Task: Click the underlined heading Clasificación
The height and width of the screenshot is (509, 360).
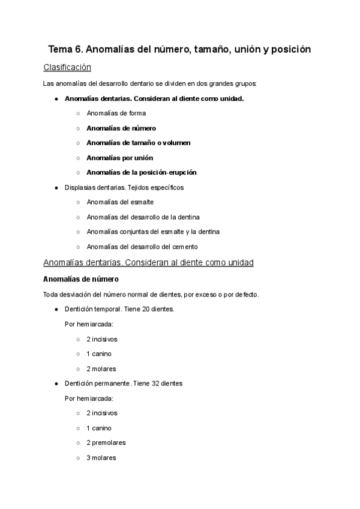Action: (x=67, y=67)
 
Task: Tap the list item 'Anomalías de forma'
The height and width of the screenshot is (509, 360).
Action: (x=116, y=113)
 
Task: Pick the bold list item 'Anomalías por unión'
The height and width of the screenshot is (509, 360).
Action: (x=119, y=157)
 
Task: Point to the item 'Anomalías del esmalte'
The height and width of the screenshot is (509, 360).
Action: (x=120, y=202)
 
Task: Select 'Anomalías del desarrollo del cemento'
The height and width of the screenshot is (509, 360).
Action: (x=142, y=246)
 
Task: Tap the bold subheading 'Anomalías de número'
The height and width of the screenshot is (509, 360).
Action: (x=81, y=279)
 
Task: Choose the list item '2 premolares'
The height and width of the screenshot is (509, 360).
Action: (x=106, y=442)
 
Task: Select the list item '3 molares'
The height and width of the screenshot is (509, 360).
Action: (x=101, y=457)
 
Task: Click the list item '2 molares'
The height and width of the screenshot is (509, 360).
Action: (x=101, y=369)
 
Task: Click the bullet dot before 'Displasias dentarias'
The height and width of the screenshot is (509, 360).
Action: (x=56, y=188)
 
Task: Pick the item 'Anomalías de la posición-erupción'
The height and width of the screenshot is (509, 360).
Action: (x=142, y=172)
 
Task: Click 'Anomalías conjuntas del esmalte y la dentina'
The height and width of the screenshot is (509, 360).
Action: (x=153, y=232)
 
